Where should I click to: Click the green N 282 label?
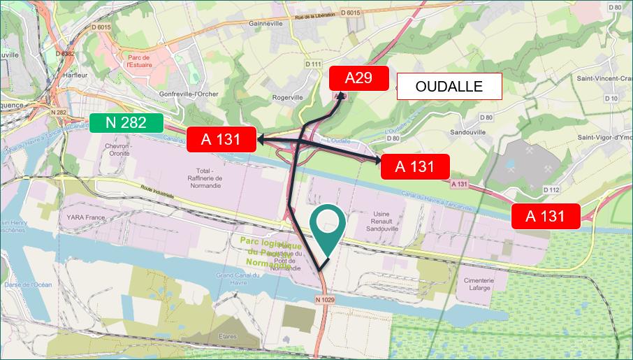click(x=126, y=123)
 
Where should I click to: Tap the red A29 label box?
click(x=358, y=78)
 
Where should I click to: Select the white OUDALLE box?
click(x=449, y=87)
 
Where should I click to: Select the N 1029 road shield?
click(x=326, y=300)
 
